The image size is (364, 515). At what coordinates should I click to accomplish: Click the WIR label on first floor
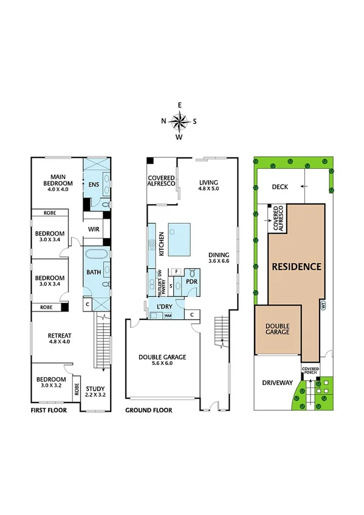coord(94,229)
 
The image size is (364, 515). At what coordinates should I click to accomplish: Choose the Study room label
coord(96,389)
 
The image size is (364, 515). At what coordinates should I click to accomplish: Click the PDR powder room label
coord(192,282)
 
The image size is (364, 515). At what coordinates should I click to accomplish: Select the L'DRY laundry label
coord(163,306)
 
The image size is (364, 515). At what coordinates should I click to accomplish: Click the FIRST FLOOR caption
coord(49,411)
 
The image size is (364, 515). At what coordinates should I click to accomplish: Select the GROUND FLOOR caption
coord(148,411)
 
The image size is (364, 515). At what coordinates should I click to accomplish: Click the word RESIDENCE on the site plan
coord(296,266)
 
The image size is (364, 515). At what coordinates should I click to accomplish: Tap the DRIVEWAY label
coord(277,383)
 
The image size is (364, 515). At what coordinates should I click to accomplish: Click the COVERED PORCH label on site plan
coord(310,370)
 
